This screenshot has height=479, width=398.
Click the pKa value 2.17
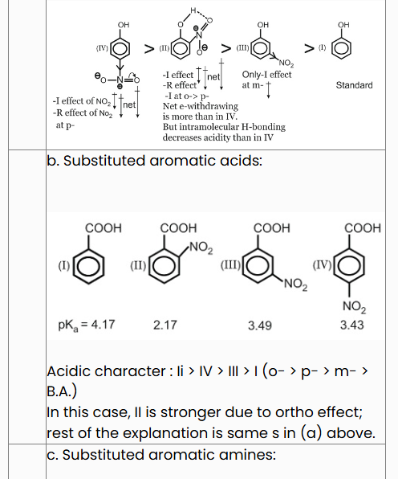pos(165,325)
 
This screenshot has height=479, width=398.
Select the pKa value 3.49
pos(259,325)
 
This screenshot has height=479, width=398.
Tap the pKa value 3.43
pos(352,325)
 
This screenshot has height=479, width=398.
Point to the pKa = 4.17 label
pos(87,325)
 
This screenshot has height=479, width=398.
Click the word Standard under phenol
pos(354,85)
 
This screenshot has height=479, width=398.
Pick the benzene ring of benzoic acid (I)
pos(88,266)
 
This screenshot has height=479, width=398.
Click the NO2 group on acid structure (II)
pos(201,248)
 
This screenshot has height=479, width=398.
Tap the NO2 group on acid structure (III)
pos(295,285)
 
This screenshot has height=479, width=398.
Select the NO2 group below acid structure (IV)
pos(354,306)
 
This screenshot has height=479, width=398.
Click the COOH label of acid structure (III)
pos(272,228)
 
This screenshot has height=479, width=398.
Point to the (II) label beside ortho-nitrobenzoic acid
pos(138,265)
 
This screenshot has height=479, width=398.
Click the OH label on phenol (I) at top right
pos(343,25)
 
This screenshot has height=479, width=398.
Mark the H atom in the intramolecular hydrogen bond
pos(193,10)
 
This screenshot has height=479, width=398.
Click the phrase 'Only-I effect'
pos(266,75)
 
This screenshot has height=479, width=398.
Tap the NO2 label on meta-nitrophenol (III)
pos(286,63)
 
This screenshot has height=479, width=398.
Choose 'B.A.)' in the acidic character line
pos(62,391)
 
